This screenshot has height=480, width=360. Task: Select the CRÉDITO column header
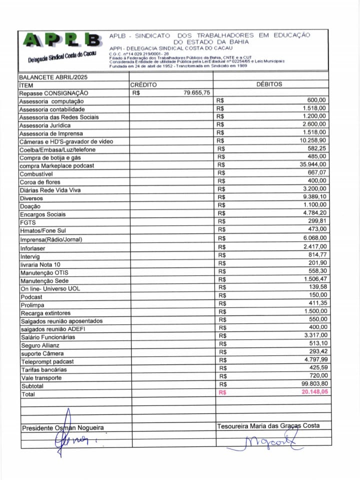pyautogui.click(x=143, y=85)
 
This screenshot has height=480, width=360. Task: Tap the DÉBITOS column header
pyautogui.click(x=269, y=85)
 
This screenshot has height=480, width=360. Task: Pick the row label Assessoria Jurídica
pyautogui.click(x=45, y=125)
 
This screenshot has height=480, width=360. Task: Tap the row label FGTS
pyautogui.click(x=27, y=222)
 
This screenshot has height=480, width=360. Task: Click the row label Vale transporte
pyautogui.click(x=41, y=378)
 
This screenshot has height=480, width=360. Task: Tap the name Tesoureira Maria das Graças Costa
pyautogui.click(x=268, y=426)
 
